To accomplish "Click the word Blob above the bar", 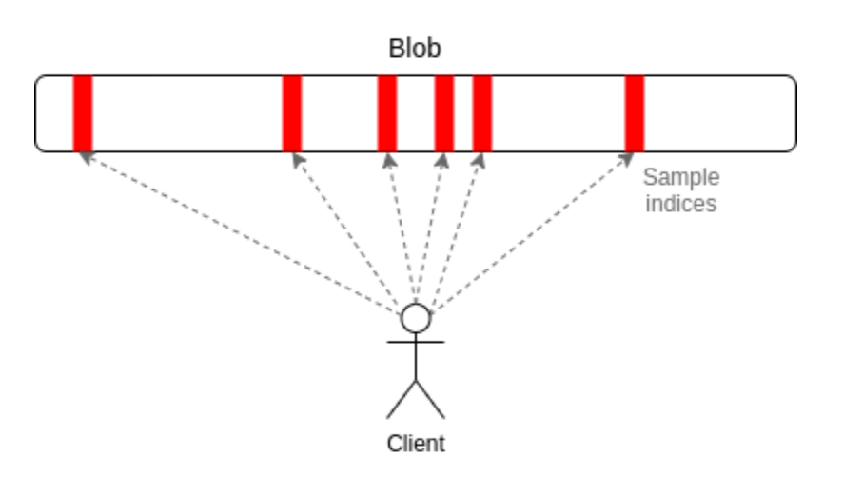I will (x=415, y=50).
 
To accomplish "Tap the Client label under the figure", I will (x=416, y=443).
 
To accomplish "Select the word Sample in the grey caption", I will (x=681, y=177).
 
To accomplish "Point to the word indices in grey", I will (x=680, y=203).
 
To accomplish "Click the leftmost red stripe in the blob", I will (x=83, y=113).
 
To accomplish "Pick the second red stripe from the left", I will (x=292, y=113).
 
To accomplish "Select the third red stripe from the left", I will (x=387, y=113).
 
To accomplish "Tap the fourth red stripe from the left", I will (x=444, y=113).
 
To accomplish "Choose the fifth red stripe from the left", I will (x=482, y=113).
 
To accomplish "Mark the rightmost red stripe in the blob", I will (x=635, y=113).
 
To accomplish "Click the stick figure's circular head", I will (x=416, y=318).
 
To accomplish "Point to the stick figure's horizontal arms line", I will (x=416, y=340).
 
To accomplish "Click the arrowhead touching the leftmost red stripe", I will (x=86, y=157).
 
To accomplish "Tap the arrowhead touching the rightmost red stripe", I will (x=630, y=158).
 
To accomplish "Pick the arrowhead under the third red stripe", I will (x=388, y=159).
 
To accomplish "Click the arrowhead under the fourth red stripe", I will (x=442, y=159).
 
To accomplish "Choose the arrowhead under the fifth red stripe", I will (x=480, y=159).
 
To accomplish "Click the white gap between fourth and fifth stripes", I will (x=463, y=113).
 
